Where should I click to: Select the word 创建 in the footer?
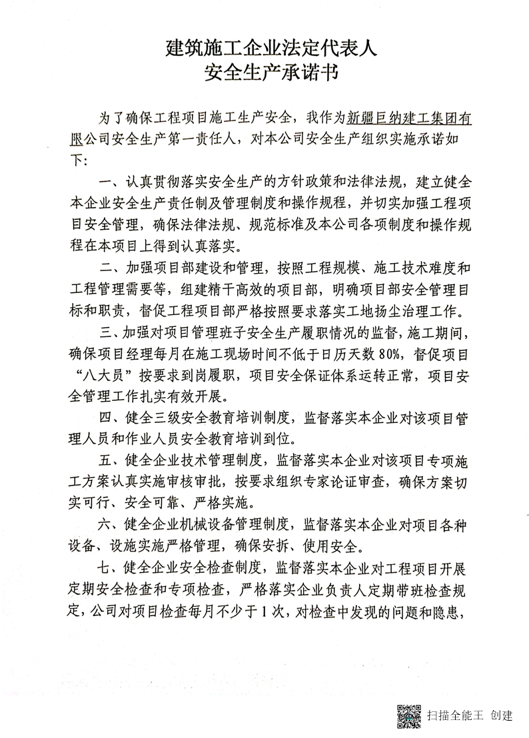pyautogui.click(x=501, y=716)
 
